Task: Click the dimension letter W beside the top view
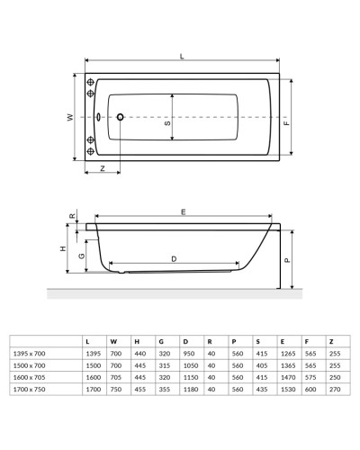(x=68, y=118)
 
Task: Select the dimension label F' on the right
(x=286, y=123)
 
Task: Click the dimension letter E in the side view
(x=183, y=212)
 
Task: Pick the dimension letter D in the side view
(x=173, y=259)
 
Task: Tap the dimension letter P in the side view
(x=286, y=259)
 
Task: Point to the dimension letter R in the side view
(x=72, y=216)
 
